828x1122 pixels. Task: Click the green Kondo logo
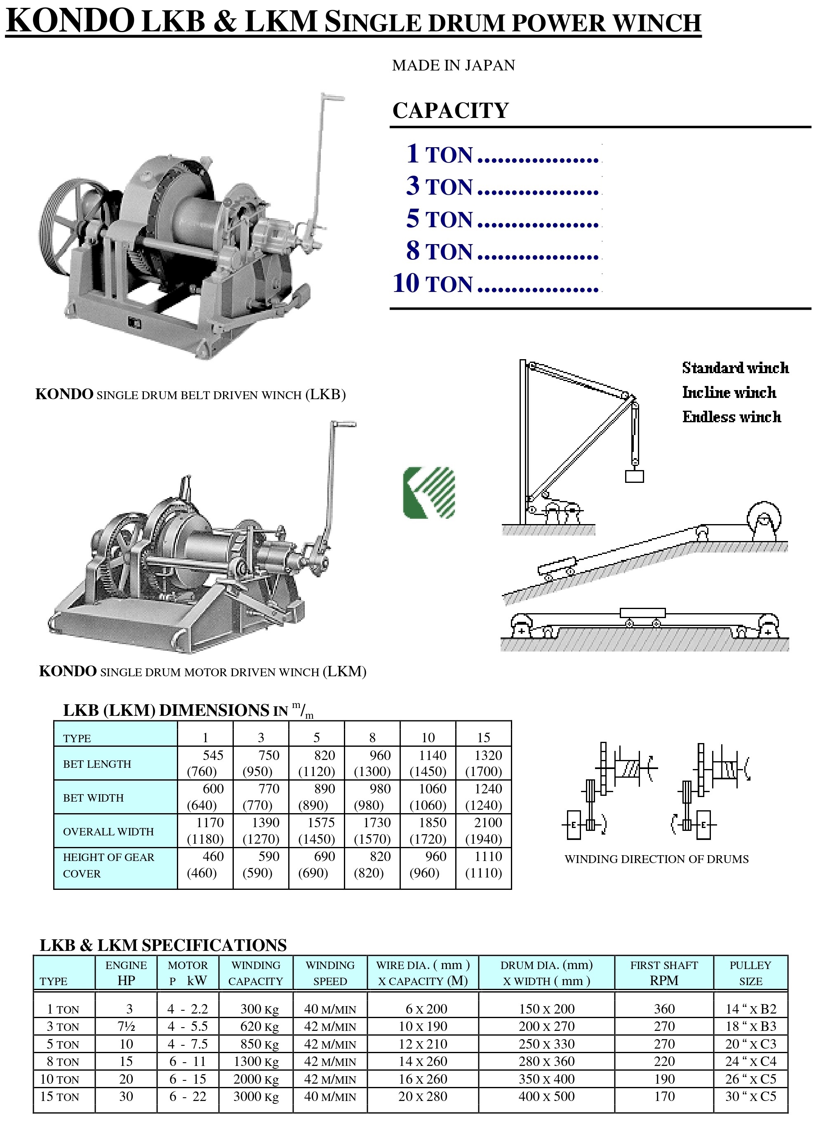coord(429,493)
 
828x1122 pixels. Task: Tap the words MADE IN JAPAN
coord(453,66)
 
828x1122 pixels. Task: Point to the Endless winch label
coord(731,417)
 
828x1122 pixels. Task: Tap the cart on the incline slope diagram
coord(556,568)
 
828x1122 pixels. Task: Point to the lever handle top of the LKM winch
coord(343,425)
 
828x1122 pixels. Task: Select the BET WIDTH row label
coord(93,798)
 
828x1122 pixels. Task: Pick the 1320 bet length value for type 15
coord(488,755)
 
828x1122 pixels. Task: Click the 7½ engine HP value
coord(126,1026)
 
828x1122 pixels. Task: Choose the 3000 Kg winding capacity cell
coord(256,1096)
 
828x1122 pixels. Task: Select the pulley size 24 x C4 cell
coord(750,1061)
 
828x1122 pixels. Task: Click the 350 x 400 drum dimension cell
coord(546,1079)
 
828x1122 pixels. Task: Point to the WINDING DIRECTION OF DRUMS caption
coord(656,859)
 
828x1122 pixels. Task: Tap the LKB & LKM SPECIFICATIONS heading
coord(163,945)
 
